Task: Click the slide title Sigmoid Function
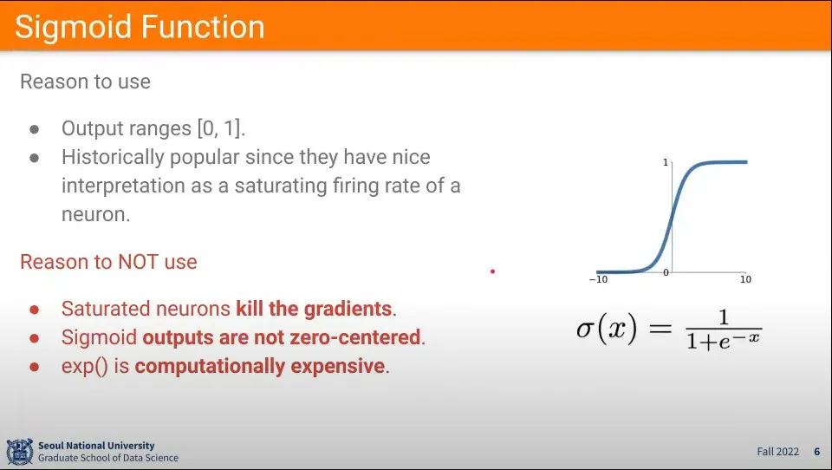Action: (140, 27)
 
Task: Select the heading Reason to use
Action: (86, 82)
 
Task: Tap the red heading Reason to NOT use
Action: (109, 262)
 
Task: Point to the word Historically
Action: (113, 158)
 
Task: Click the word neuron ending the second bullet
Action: (94, 214)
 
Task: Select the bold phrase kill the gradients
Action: (314, 309)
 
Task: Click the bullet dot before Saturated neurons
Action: (35, 310)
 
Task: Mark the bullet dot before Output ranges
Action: (35, 129)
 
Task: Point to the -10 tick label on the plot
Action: (599, 279)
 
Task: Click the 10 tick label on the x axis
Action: (745, 279)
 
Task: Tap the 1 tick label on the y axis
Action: (666, 162)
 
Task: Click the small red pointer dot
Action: (493, 271)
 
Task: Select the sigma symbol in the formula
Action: (585, 330)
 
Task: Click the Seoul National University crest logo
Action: (20, 452)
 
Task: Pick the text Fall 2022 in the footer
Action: (778, 452)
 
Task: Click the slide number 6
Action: (817, 452)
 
